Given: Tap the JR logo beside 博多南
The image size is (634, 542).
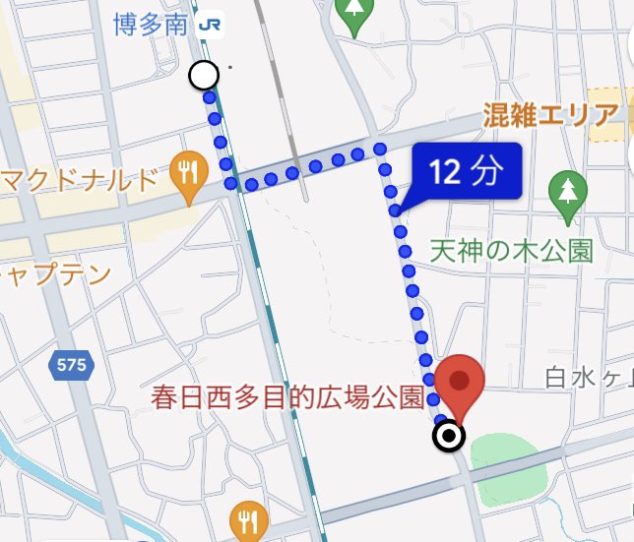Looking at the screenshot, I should pos(209,26).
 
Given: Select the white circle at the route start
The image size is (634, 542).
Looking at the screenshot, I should pos(204,75).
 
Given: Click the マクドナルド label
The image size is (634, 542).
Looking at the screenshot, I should pos(80,180).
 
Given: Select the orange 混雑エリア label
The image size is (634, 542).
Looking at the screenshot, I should pos(550,116).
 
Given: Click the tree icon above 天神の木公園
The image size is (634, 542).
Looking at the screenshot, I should pos(567,196).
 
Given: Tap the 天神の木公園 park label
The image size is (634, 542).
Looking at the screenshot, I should pos(512,251).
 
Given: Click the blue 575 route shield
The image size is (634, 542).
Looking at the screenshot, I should pos(71,366).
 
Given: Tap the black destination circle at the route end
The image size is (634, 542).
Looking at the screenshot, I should pos(450,436).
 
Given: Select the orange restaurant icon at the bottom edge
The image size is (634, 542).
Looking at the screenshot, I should pos(247,519).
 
